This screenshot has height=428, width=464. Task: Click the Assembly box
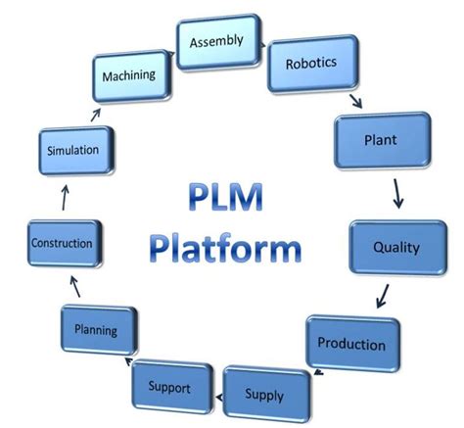click(x=216, y=41)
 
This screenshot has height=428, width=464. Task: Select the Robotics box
click(x=310, y=64)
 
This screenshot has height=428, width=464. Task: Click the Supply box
click(x=264, y=394)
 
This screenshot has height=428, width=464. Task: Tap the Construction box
click(x=62, y=242)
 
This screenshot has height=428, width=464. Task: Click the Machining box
click(x=135, y=74)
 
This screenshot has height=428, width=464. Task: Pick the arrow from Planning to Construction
click(x=69, y=286)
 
